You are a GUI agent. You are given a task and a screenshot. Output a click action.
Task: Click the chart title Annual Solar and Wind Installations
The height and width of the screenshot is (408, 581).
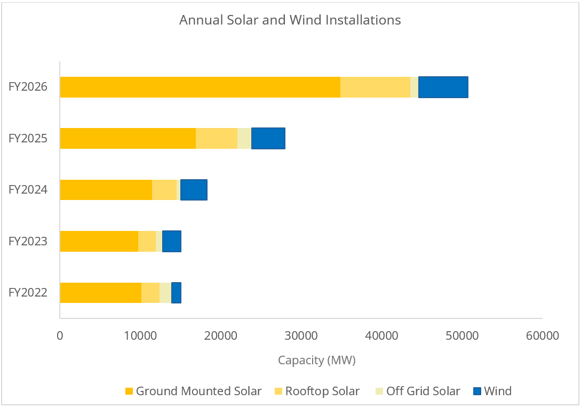click(290, 20)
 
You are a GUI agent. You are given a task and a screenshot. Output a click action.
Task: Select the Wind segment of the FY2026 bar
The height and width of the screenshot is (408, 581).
click(443, 87)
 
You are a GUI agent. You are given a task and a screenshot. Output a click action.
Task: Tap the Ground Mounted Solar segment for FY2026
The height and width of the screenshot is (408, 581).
click(200, 87)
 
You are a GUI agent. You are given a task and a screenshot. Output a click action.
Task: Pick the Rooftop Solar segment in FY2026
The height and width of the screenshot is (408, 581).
click(375, 87)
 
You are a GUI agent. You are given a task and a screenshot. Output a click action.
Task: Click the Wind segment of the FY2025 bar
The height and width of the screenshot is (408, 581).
click(268, 138)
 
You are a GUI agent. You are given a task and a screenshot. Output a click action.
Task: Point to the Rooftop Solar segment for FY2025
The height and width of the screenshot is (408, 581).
click(217, 138)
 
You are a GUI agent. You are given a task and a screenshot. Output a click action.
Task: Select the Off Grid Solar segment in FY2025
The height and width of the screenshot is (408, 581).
click(244, 138)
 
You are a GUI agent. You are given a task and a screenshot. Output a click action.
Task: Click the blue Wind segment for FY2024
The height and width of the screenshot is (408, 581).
click(194, 190)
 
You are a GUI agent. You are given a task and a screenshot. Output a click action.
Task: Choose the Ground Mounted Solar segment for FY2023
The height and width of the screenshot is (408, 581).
click(99, 241)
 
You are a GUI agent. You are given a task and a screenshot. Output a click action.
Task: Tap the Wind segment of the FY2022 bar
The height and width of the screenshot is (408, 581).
click(176, 292)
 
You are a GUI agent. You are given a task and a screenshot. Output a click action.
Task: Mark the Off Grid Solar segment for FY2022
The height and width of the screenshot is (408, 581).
click(165, 292)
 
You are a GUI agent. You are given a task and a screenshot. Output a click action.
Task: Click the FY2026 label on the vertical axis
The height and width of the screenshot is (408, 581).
click(28, 87)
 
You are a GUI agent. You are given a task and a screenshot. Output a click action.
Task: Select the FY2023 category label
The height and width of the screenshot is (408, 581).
click(28, 241)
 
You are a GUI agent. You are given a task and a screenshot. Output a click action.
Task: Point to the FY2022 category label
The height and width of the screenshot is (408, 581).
click(28, 292)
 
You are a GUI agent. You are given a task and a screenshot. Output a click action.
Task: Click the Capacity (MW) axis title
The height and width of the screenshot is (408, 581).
click(316, 361)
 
